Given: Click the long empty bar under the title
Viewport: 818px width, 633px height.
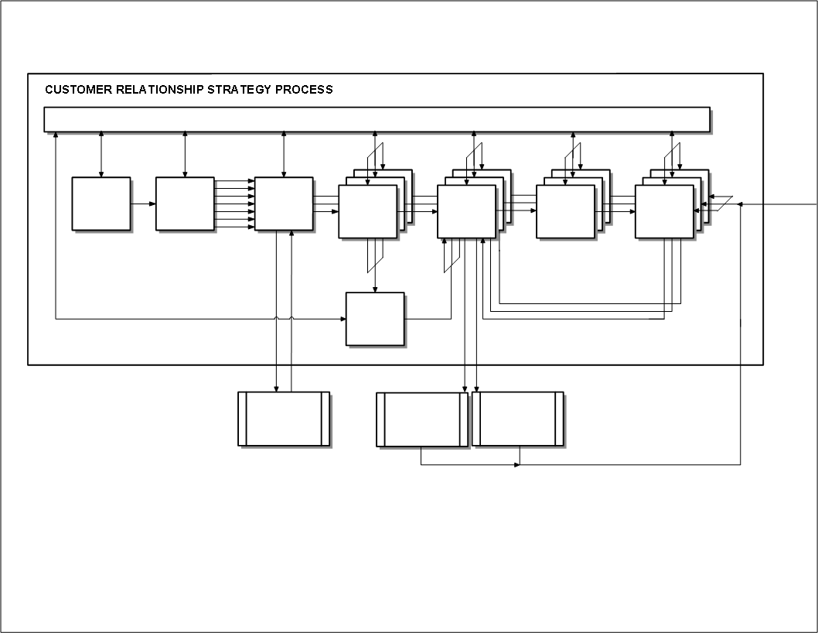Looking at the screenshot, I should click(377, 120).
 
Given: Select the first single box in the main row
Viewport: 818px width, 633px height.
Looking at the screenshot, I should click(101, 204).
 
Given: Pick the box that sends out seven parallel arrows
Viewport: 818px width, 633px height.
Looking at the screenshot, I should click(185, 204).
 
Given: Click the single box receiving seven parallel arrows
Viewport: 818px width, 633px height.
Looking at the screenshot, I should click(284, 204).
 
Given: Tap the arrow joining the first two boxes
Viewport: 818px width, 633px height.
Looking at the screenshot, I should click(143, 204).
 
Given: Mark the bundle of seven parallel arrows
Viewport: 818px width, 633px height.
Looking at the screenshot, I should click(234, 204).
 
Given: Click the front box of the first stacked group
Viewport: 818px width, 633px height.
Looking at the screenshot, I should click(367, 211).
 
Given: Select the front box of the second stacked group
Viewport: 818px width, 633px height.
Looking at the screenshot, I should click(466, 211).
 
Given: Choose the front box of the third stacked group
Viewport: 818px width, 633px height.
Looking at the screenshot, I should click(565, 211).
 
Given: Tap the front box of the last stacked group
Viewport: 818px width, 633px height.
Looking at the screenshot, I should click(664, 211).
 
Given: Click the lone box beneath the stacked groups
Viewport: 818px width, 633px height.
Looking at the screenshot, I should click(375, 319).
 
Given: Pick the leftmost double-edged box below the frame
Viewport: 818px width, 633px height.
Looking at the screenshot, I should click(283, 419).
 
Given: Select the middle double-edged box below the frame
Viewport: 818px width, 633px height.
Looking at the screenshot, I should click(422, 419).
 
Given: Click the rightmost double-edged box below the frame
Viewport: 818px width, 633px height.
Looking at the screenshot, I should click(518, 419).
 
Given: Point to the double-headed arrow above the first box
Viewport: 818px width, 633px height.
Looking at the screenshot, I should click(101, 155).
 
